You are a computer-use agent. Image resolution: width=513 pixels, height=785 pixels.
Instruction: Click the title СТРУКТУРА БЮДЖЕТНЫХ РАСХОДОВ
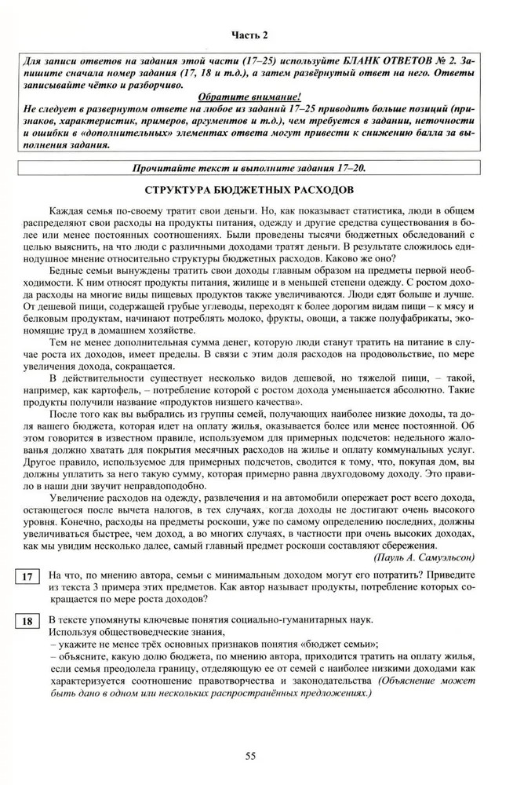point(256,191)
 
